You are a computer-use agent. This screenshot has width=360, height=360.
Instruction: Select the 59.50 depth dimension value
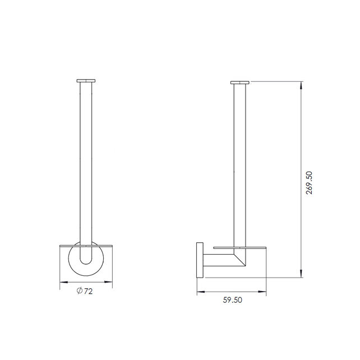[232, 300]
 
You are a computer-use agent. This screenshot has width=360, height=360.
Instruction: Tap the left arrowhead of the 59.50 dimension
[199, 292]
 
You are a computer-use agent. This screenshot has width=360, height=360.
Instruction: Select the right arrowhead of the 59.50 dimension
[264, 292]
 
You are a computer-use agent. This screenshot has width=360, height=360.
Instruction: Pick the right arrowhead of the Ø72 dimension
[111, 283]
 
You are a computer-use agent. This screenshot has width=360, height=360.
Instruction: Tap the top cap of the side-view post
[239, 82]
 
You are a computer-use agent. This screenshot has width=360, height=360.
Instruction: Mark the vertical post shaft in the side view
[239, 168]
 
